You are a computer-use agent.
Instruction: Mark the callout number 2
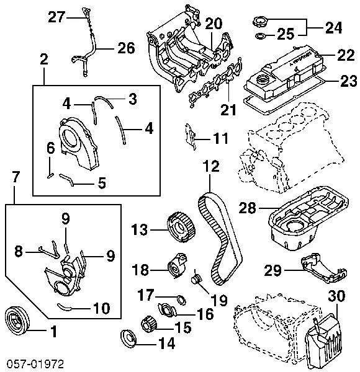[43, 60]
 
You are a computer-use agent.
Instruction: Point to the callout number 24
[334, 27]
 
